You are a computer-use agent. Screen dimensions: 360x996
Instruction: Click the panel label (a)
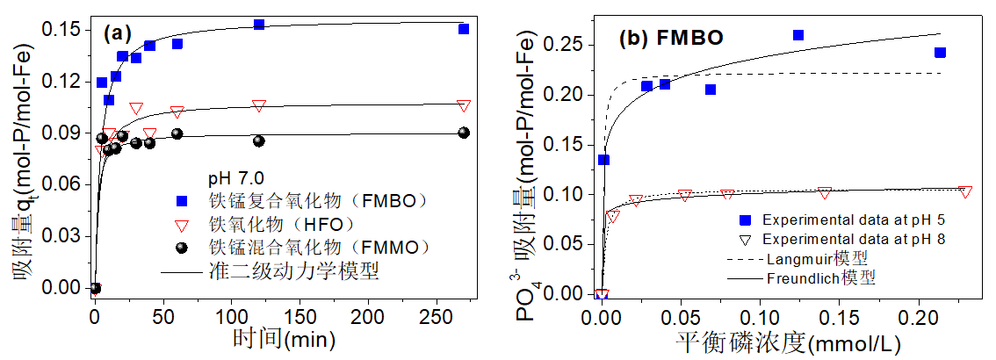(x=117, y=35)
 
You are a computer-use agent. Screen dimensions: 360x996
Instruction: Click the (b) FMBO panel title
(x=672, y=39)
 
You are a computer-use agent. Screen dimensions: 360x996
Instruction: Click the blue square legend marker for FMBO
(x=183, y=201)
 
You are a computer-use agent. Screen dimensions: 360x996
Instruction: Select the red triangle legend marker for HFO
(x=183, y=224)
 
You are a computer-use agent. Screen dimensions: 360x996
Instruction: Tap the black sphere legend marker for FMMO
(x=183, y=247)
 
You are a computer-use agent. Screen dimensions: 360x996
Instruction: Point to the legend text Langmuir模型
(x=817, y=259)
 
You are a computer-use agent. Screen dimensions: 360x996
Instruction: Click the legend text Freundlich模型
(x=821, y=278)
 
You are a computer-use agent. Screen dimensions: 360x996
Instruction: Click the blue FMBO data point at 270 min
(x=464, y=29)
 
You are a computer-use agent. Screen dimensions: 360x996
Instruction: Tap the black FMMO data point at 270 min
(x=464, y=133)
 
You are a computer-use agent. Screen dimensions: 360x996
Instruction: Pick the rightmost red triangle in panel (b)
(x=965, y=191)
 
